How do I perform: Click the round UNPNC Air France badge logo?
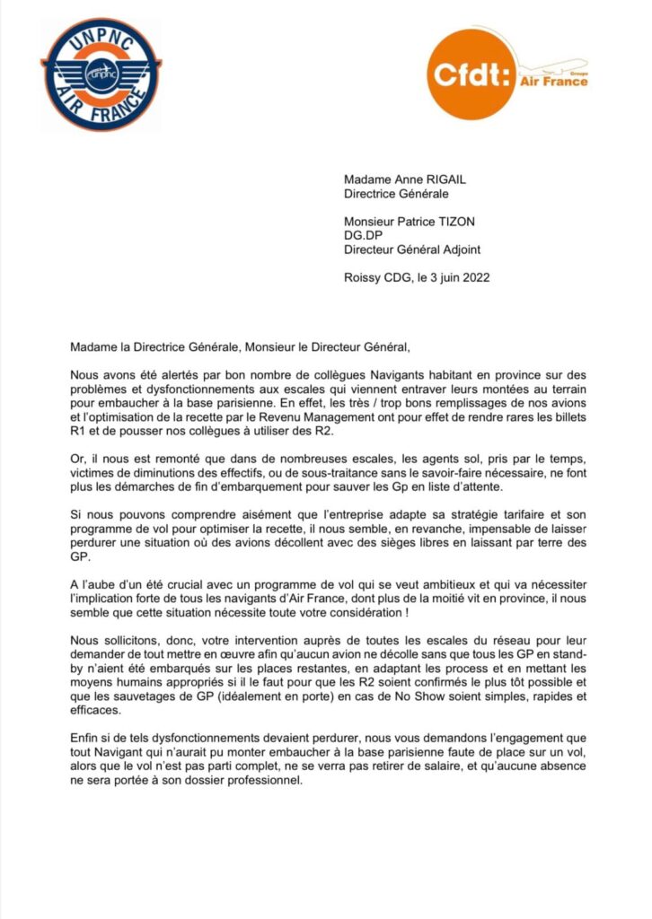pyautogui.click(x=101, y=74)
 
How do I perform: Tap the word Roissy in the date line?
pyautogui.click(x=363, y=278)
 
